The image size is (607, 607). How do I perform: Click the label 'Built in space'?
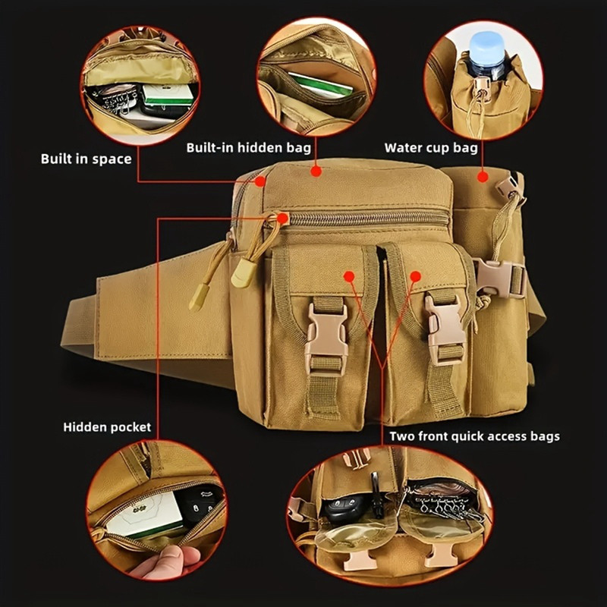(x=86, y=159)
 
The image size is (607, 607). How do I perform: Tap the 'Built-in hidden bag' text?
(x=249, y=147)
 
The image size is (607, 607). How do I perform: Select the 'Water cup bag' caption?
(x=431, y=148)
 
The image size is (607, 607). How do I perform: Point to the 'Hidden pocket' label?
(x=107, y=427)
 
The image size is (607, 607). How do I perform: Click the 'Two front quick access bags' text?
(x=475, y=436)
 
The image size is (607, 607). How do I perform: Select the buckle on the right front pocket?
(x=445, y=329)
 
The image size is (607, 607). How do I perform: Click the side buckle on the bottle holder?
(x=498, y=278)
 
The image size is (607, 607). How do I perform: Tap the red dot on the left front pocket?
(x=349, y=276)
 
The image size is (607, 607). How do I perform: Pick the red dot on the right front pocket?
(x=415, y=276)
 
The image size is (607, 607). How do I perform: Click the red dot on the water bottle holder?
(x=483, y=177)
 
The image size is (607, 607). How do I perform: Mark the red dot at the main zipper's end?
(x=283, y=219)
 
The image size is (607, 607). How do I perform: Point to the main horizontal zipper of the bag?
(x=368, y=219)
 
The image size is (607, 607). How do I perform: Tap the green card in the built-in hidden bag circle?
(x=320, y=86)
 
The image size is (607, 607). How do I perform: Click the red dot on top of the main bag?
(x=316, y=171)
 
